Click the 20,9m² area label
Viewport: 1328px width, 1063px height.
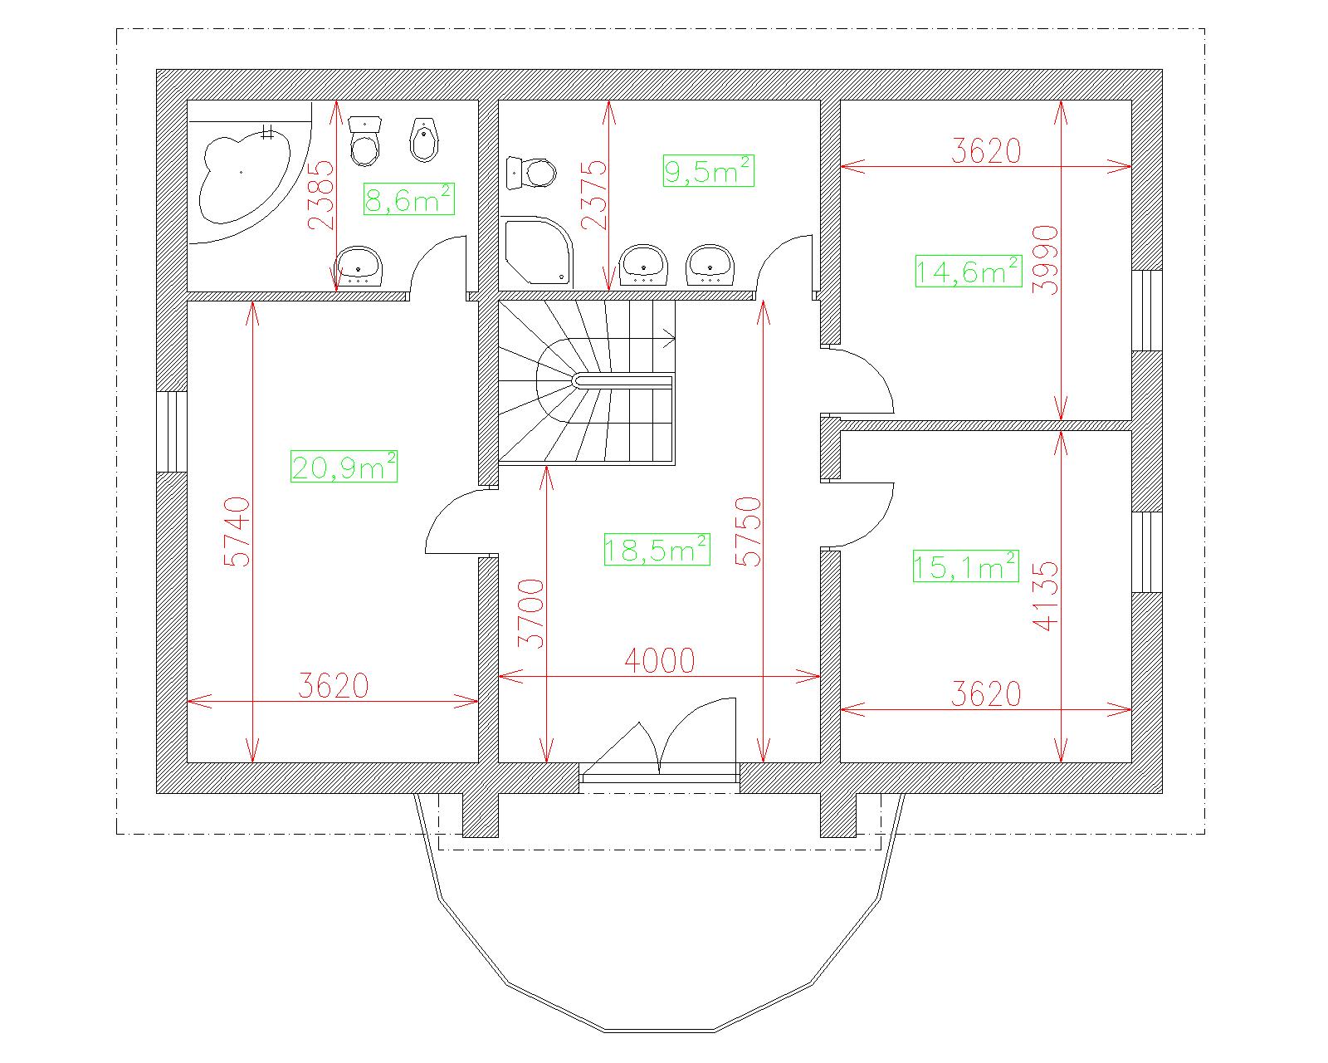pos(344,467)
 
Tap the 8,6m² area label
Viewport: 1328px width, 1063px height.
pos(409,198)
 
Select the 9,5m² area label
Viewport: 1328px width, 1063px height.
pos(709,170)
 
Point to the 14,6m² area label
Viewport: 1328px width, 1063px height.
pos(969,272)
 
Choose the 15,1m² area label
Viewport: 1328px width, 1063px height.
pos(966,566)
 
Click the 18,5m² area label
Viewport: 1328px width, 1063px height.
pos(657,549)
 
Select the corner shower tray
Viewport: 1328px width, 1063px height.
pos(538,251)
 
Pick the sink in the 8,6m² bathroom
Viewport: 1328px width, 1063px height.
pos(359,266)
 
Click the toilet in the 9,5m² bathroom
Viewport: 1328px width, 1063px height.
pos(530,173)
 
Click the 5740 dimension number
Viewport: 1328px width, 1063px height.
pos(238,531)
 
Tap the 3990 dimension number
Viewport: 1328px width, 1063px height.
pos(1045,260)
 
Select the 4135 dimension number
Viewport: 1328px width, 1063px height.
pos(1045,596)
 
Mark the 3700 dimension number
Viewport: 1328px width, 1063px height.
pos(531,614)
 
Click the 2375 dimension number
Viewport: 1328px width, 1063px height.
pos(594,194)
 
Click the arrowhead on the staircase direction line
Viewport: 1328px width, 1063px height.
pos(670,338)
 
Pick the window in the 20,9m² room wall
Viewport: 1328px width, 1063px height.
pos(172,432)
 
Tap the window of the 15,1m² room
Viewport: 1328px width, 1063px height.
pos(1146,552)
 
